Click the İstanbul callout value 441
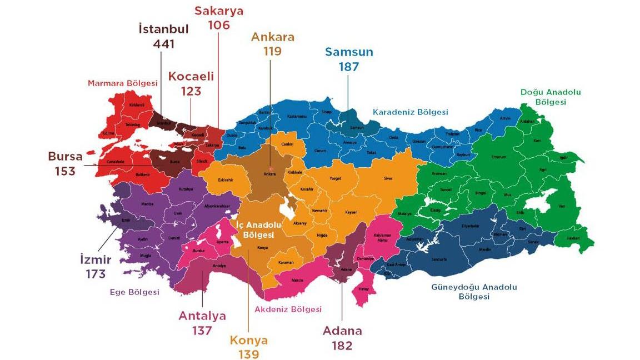[x=164, y=44]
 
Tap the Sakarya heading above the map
[x=218, y=11]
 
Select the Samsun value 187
[x=348, y=67]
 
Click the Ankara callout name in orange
[x=273, y=37]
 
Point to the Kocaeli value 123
[x=191, y=91]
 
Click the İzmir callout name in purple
[x=96, y=259]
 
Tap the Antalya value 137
[x=202, y=331]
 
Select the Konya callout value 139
[x=249, y=354]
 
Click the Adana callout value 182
[x=342, y=346]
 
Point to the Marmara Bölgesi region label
[x=123, y=83]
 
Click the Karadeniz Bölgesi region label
[x=410, y=112]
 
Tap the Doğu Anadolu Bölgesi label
[x=551, y=97]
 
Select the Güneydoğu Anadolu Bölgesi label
[x=474, y=292]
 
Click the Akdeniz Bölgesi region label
[x=288, y=309]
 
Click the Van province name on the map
[x=561, y=206]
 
